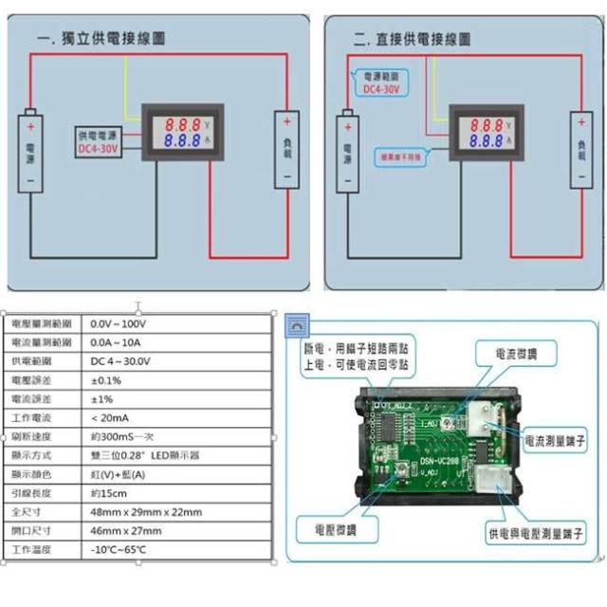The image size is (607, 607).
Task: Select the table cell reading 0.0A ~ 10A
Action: (x=118, y=342)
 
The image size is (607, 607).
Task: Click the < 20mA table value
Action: (x=108, y=418)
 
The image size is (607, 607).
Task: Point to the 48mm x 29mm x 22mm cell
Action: (x=146, y=512)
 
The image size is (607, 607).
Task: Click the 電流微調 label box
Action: (x=516, y=355)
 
